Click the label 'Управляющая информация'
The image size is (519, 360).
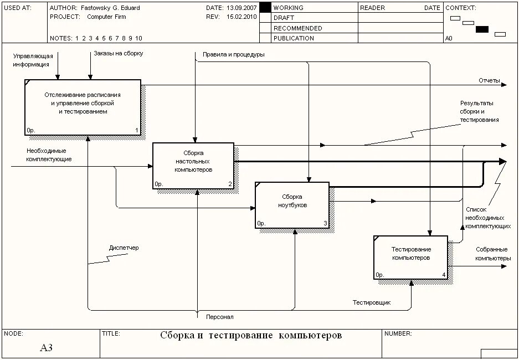33,60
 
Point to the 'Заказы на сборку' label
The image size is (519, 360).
117,54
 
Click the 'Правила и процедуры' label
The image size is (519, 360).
233,55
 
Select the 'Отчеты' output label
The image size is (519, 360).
489,81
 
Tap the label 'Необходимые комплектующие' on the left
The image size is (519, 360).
49,155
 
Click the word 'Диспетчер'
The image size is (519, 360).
124,248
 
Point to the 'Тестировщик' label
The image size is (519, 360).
372,302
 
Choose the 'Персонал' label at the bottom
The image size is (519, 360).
219,317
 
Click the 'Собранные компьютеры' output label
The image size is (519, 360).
492,254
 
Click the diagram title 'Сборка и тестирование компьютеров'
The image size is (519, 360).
251,336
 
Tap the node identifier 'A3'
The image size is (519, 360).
46,348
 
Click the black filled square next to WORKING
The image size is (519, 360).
265,8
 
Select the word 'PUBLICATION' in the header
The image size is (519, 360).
293,38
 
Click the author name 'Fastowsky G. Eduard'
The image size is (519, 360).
110,8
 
